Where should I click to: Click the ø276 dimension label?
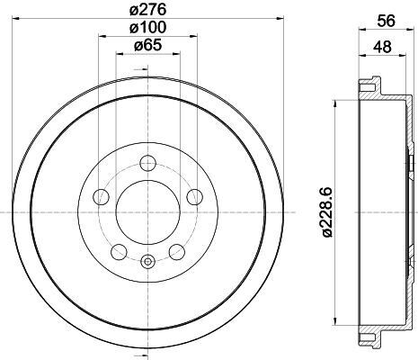tap(147, 10)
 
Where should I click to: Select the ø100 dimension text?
tap(147, 28)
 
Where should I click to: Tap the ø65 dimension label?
tap(148, 45)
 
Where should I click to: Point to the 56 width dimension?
tap(387, 21)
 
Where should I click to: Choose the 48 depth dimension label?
tap(382, 47)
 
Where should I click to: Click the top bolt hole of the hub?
tap(148, 163)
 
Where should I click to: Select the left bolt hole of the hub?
tap(102, 197)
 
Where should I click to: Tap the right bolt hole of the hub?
tap(195, 197)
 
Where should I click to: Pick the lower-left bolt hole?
tap(119, 252)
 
